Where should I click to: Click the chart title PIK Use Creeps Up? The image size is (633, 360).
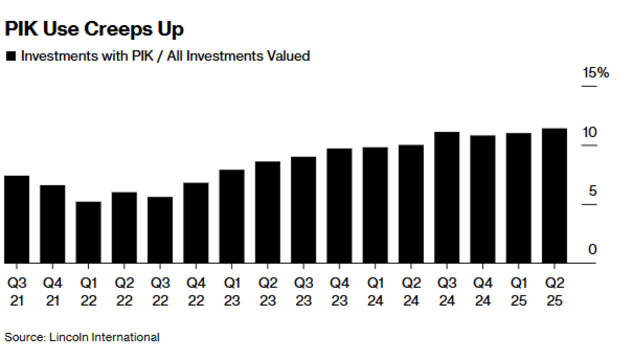[94, 29]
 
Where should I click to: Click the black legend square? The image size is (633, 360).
[11, 56]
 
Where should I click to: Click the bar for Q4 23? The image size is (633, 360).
[339, 205]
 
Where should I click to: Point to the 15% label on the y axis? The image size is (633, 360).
[595, 73]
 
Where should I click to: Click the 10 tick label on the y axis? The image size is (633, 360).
[589, 132]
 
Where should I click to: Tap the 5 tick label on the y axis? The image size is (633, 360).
[592, 191]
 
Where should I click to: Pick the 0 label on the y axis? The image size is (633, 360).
[592, 249]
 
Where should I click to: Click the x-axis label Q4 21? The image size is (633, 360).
[53, 292]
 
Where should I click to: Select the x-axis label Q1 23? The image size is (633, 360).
[232, 292]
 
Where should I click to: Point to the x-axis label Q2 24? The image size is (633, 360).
[411, 292]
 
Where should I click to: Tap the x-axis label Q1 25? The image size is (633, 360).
[519, 292]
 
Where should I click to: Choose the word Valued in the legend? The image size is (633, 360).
[288, 56]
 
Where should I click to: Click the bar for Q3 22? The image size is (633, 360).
[160, 230]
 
